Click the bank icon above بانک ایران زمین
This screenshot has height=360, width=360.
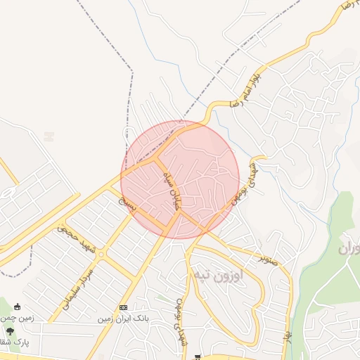[124, 308]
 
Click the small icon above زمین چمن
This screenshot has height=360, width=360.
[17, 307]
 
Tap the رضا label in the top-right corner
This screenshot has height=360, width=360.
[346, 6]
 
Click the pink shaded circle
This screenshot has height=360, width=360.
[181, 179]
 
